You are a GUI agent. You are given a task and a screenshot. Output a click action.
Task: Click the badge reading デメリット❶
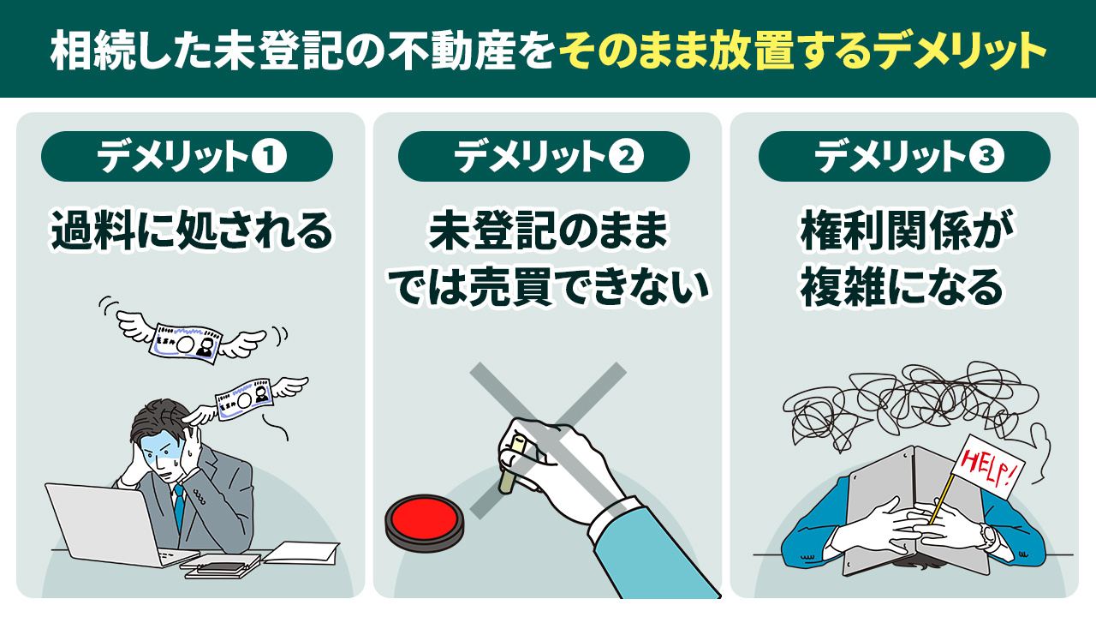(x=187, y=157)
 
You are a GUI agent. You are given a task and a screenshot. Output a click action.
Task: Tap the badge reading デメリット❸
(x=903, y=157)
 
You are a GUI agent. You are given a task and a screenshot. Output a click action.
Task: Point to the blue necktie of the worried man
(x=178, y=506)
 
